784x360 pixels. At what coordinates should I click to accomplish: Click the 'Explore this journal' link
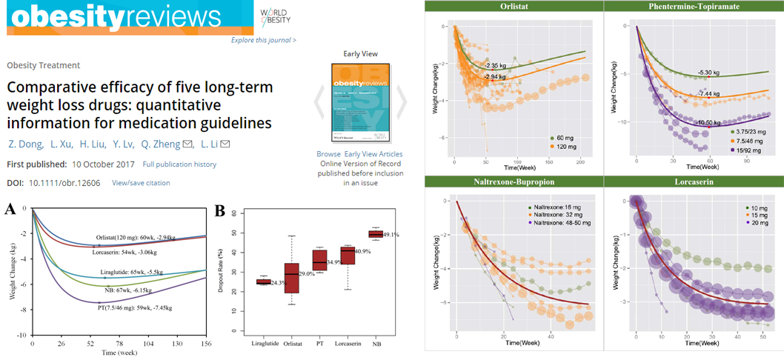263,40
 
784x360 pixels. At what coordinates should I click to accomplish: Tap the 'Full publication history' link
180,164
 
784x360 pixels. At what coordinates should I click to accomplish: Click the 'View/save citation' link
141,183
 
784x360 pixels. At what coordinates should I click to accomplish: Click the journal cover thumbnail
359,102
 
